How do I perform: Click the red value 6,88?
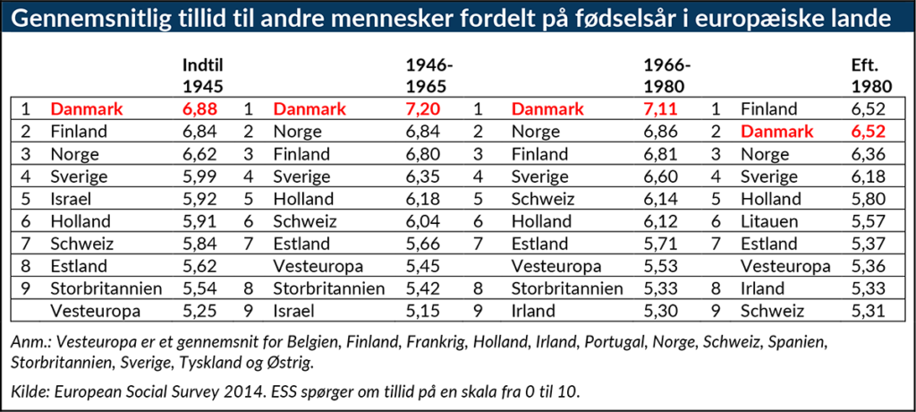pyautogui.click(x=201, y=109)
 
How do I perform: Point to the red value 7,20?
pyautogui.click(x=425, y=109)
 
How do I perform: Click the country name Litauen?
pyautogui.click(x=768, y=221)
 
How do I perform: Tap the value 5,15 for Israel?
pyautogui.click(x=425, y=311)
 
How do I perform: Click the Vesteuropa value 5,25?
pyautogui.click(x=201, y=311)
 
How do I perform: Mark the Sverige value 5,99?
pyautogui.click(x=201, y=176)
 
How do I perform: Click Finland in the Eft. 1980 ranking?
pyautogui.click(x=768, y=109)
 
